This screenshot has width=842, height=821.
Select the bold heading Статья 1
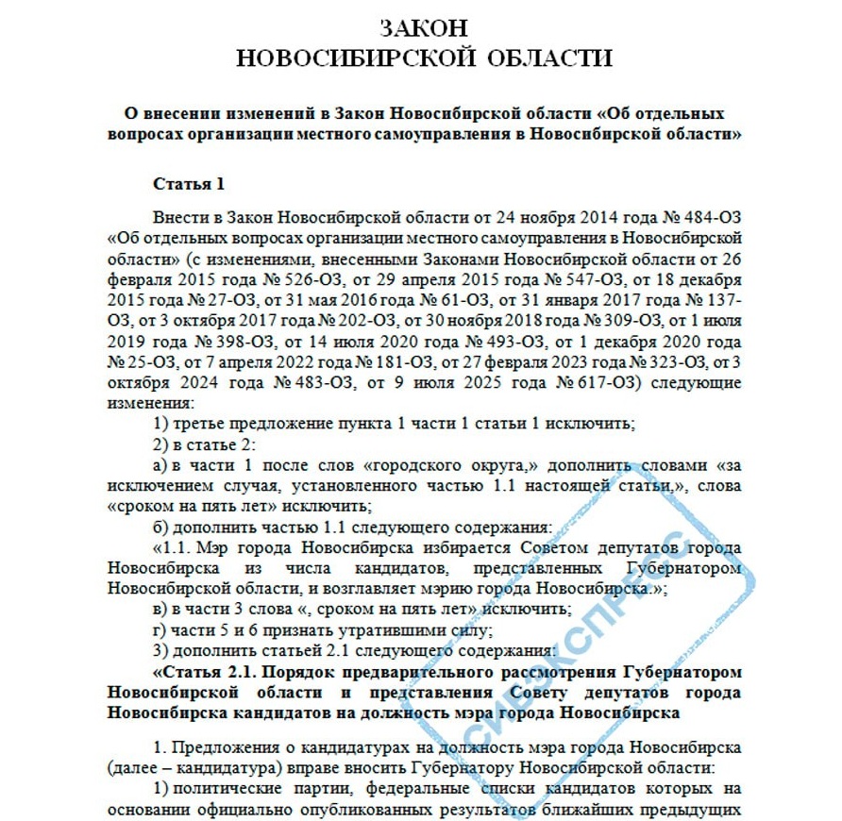(189, 183)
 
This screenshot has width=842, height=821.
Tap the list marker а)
(160, 464)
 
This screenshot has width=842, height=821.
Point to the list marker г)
(160, 629)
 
